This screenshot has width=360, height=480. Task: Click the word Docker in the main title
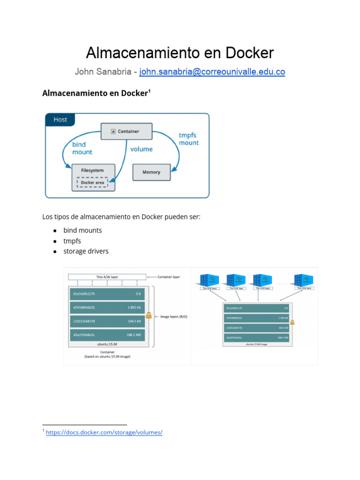click(x=249, y=52)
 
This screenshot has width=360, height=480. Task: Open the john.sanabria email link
click(x=212, y=72)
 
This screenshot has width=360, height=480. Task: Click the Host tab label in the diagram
click(x=60, y=120)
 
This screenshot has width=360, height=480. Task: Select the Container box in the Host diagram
click(x=127, y=131)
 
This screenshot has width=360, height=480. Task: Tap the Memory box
click(x=151, y=172)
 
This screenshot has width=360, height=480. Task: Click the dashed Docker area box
click(x=92, y=183)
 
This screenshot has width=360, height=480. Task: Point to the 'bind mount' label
click(x=82, y=148)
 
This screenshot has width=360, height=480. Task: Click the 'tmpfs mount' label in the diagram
click(x=188, y=139)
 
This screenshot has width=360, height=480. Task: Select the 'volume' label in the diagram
click(x=141, y=149)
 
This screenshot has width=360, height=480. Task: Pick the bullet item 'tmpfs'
click(x=72, y=241)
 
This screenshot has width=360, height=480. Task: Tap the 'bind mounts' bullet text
click(x=82, y=231)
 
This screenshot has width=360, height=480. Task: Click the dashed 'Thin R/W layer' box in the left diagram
click(x=107, y=277)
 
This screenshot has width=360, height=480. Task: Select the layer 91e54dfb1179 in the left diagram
click(x=107, y=294)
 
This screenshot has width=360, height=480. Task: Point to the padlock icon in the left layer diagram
click(x=149, y=315)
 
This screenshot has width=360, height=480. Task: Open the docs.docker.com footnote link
click(x=104, y=432)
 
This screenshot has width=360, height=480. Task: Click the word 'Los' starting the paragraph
click(x=47, y=217)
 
